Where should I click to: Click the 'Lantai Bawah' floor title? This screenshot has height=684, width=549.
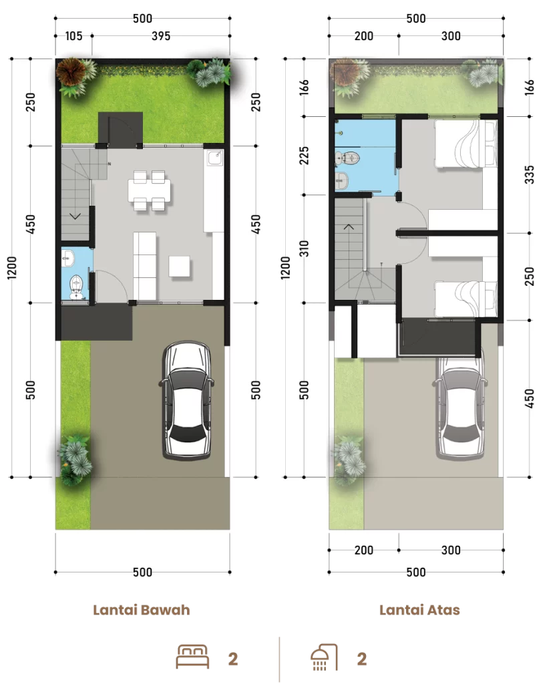pos(142,609)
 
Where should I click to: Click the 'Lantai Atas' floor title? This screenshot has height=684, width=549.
pos(419,609)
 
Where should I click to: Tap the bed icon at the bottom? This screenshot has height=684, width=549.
pos(192,657)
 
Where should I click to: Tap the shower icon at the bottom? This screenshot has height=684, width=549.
pos(324,657)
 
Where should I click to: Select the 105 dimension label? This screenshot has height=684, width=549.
pos(73,36)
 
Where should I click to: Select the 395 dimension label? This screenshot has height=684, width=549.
pos(161,36)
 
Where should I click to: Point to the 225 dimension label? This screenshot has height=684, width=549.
pos(304,155)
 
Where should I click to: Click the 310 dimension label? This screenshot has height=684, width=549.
pos(304,248)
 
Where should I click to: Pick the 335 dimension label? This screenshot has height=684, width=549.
pos(529,174)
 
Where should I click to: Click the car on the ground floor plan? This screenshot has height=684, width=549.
pos(187,400)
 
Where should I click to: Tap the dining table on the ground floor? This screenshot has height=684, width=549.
pos(149,190)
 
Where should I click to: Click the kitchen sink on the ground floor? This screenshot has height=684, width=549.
pos(214,158)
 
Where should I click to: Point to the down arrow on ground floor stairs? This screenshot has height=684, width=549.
pos(75,216)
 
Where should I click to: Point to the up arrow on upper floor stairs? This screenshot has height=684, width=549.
pos(349,226)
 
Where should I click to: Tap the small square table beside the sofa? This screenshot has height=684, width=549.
pos(180,266)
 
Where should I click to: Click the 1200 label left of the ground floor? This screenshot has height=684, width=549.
pos(12,267)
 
